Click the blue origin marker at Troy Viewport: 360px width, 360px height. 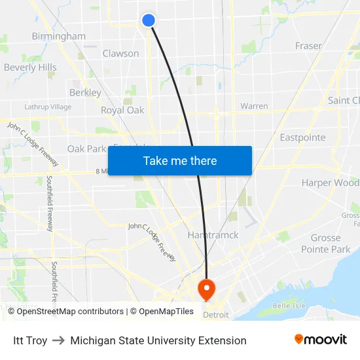(149, 20)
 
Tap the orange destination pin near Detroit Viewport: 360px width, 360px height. (206, 289)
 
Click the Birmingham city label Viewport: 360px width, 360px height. (59, 36)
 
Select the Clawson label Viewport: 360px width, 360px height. (120, 54)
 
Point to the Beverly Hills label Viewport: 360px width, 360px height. (30, 67)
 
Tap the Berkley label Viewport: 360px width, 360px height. (85, 93)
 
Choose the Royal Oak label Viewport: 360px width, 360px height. (122, 110)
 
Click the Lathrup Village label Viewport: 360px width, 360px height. (48, 107)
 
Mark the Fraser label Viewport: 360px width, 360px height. (308, 46)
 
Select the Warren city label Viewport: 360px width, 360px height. (254, 106)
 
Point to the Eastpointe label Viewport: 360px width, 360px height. (302, 137)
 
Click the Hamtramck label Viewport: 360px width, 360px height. (213, 234)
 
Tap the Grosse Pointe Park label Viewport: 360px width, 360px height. (325, 243)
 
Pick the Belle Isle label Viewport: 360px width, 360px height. (289, 306)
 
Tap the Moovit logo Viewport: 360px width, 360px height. (320, 340)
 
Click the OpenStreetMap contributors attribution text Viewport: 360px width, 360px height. (70, 312)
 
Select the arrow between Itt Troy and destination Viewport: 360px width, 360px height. (59, 340)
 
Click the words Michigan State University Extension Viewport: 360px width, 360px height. (158, 340)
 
